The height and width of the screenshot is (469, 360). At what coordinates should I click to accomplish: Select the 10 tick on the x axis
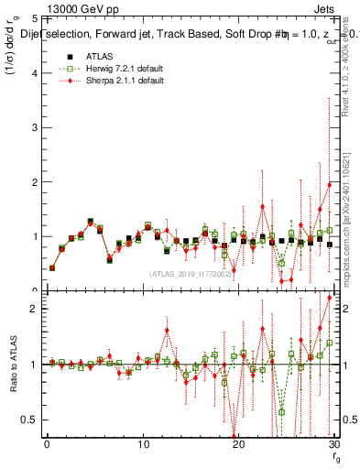143,446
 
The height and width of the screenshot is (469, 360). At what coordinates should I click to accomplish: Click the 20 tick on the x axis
238,446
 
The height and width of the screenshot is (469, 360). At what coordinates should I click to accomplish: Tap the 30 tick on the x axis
333,446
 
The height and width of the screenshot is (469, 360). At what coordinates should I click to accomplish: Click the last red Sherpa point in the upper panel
330,185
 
